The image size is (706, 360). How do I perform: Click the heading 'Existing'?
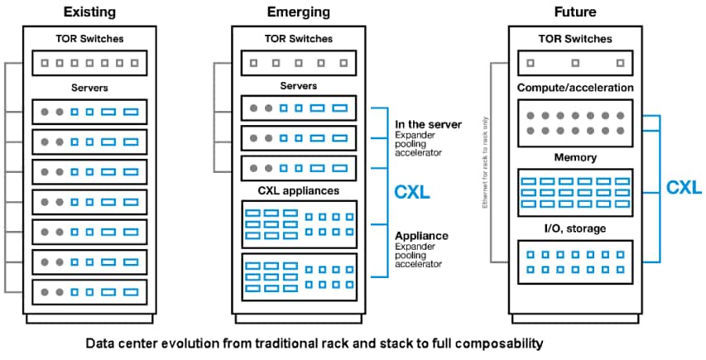click(89, 12)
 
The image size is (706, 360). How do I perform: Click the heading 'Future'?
click(575, 12)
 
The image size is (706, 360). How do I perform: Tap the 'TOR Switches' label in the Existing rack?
click(89, 38)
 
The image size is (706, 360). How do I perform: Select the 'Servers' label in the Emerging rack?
click(298, 86)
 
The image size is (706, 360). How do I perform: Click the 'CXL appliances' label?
click(298, 191)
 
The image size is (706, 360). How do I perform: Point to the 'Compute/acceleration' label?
click(575, 87)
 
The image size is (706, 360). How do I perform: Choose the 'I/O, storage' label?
click(575, 228)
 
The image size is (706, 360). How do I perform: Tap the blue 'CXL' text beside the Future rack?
click(684, 187)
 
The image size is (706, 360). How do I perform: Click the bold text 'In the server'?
click(428, 124)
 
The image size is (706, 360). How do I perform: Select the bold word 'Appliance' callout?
click(421, 235)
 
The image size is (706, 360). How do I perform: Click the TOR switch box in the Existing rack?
click(89, 62)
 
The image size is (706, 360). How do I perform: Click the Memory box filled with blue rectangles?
click(575, 191)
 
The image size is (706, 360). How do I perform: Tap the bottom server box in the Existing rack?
click(89, 292)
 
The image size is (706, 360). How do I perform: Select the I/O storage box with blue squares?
click(575, 262)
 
